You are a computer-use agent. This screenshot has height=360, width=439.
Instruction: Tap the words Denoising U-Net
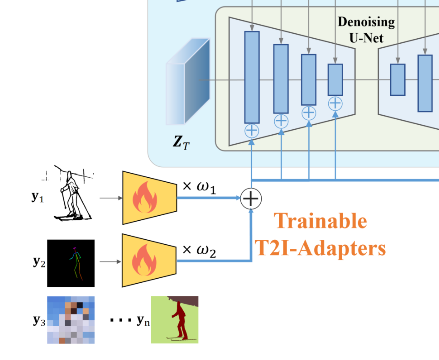pos(366,30)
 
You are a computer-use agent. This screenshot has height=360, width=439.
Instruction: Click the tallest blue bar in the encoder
pos(252,77)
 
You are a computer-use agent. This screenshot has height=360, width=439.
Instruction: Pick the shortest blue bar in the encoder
pos(335,80)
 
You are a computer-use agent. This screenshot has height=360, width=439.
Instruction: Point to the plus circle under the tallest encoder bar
pos(252,131)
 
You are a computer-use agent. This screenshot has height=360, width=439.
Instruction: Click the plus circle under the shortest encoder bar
pos(335,103)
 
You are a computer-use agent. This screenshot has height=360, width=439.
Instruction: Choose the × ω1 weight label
pos(199,187)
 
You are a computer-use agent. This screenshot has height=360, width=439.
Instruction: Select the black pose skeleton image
pos(71,263)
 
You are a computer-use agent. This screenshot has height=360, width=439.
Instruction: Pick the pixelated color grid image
pos(71,320)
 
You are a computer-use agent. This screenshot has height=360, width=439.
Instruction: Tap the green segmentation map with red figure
pos(175,319)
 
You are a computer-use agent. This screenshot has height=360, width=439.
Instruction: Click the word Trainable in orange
pos(320,221)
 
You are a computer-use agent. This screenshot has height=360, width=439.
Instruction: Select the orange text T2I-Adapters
pos(320,247)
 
